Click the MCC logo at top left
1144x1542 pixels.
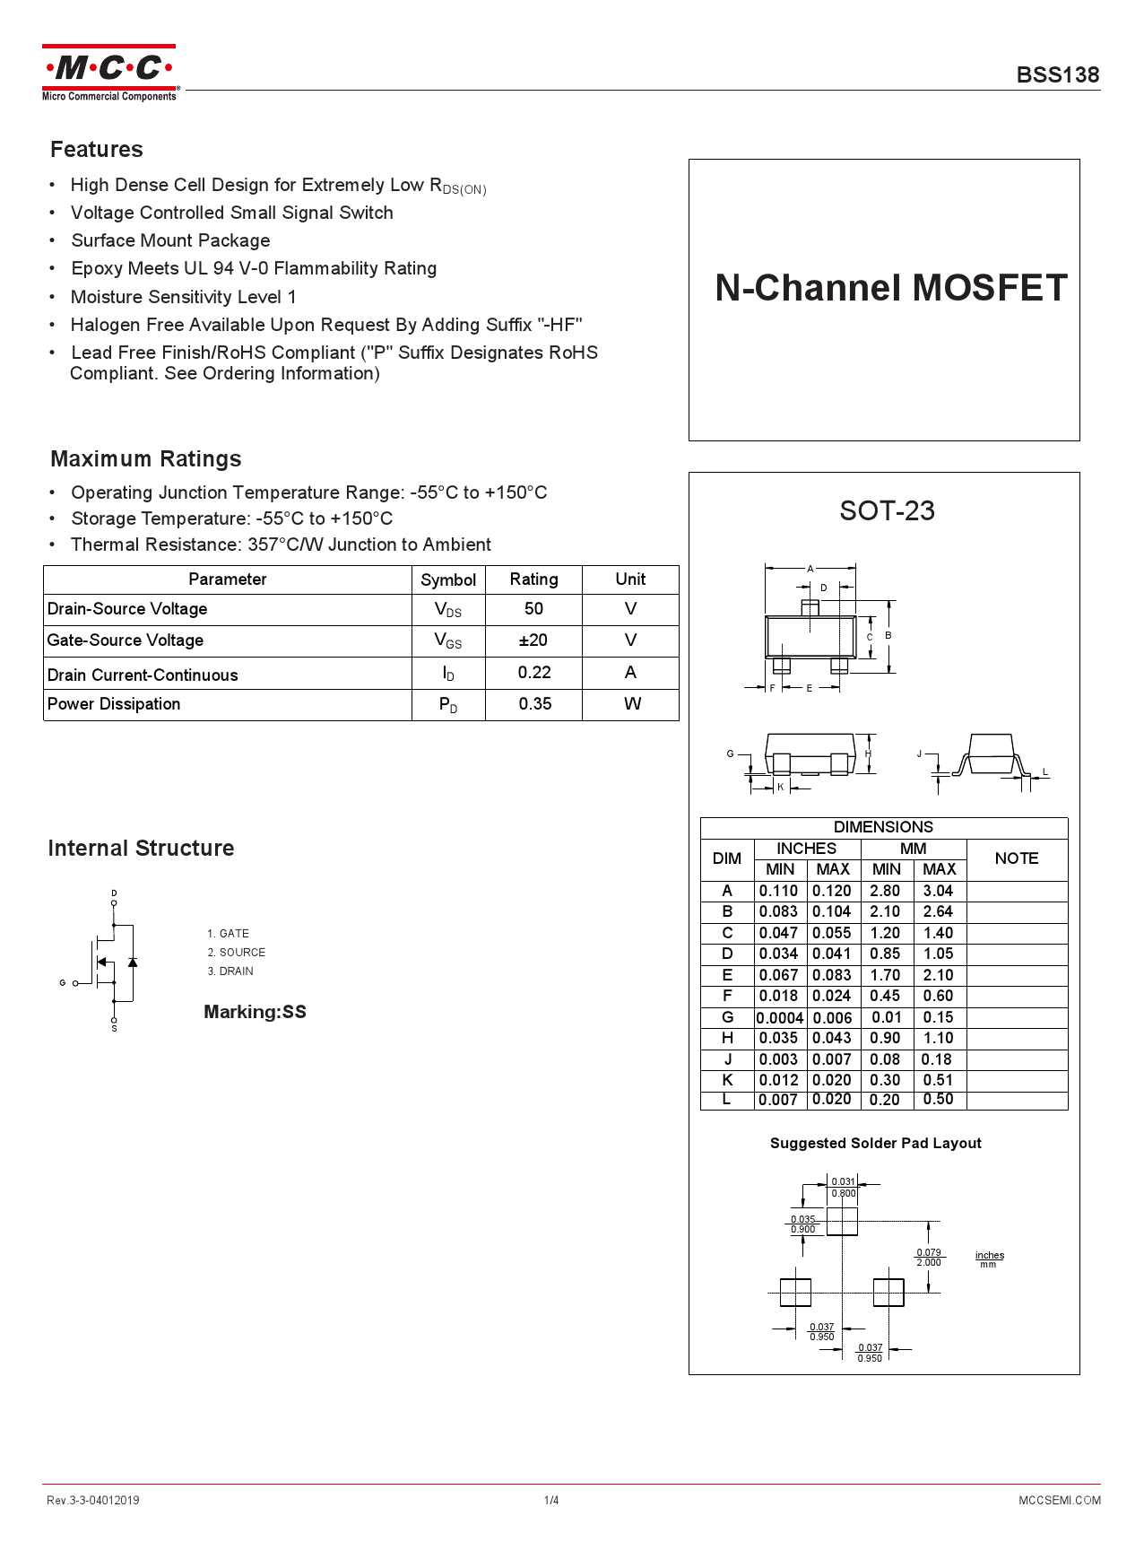click(x=109, y=73)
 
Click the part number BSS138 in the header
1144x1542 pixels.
click(x=1057, y=75)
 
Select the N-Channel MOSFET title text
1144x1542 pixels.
click(x=890, y=288)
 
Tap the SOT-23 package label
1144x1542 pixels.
click(x=887, y=510)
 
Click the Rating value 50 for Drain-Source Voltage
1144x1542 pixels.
click(x=533, y=609)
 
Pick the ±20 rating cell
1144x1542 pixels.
click(x=533, y=640)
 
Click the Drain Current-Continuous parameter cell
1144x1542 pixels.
click(x=143, y=675)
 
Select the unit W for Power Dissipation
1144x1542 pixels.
click(x=631, y=704)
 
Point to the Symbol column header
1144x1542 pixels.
click(x=448, y=579)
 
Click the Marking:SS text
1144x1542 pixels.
click(x=255, y=1012)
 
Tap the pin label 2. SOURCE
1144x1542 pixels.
click(x=237, y=953)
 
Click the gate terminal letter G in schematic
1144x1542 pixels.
click(x=63, y=983)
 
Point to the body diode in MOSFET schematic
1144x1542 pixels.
click(x=133, y=963)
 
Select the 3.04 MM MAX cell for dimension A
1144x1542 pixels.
click(x=939, y=891)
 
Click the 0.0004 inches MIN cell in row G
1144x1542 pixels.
click(x=779, y=1018)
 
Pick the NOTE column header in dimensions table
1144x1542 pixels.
click(x=1016, y=858)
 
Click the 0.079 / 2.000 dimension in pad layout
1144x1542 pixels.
click(x=929, y=1257)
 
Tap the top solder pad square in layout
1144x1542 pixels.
click(x=842, y=1221)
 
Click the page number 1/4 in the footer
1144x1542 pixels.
click(x=550, y=1500)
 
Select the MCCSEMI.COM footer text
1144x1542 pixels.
click(x=1059, y=1500)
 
